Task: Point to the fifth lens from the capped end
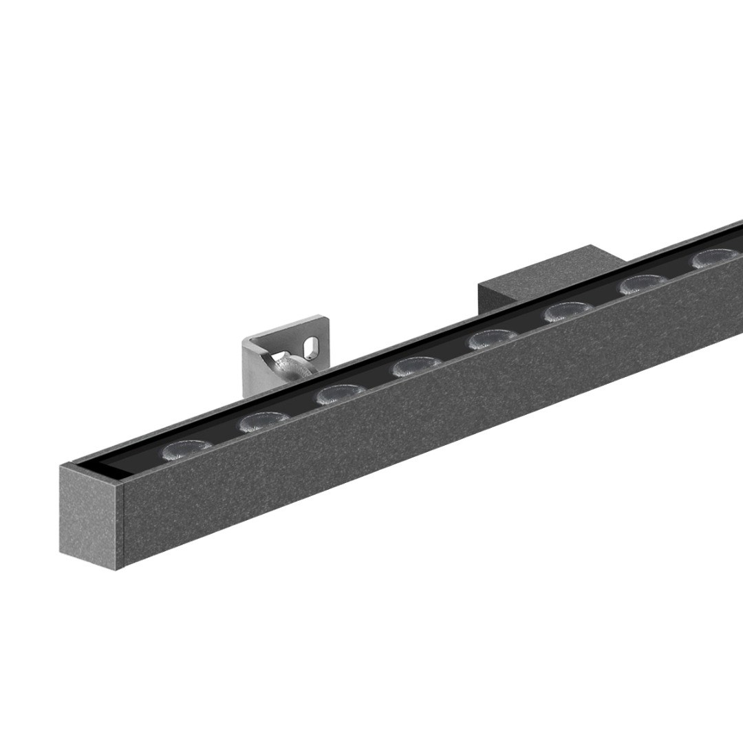coord(493,340)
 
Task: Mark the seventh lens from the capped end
coord(643,285)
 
